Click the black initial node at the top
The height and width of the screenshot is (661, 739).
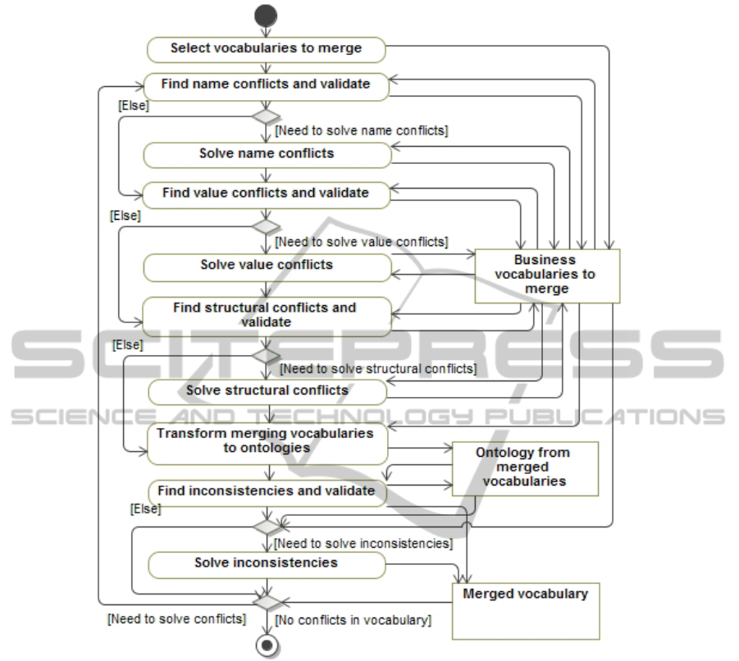[266, 16]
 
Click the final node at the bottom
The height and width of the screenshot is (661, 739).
[266, 645]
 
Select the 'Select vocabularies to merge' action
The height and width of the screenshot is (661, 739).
[266, 48]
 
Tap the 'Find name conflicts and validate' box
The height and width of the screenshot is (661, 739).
[266, 84]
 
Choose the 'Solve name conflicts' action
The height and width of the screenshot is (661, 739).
[267, 153]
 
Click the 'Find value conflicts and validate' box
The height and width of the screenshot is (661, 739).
[266, 194]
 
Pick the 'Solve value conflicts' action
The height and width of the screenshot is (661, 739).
[267, 266]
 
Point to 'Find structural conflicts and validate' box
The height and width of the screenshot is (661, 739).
[266, 315]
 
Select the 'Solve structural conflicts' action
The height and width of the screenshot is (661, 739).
[267, 390]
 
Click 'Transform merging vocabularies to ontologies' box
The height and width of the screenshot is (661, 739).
[267, 440]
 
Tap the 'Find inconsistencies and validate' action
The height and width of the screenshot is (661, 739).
[266, 491]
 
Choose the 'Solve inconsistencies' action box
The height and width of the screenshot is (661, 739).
[267, 563]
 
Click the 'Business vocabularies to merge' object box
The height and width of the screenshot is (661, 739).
[547, 276]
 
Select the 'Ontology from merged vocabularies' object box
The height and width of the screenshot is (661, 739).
[525, 467]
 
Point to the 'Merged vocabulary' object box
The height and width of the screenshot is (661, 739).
[526, 609]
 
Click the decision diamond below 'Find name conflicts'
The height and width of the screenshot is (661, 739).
[266, 117]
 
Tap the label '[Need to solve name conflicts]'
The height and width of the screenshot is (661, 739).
[361, 130]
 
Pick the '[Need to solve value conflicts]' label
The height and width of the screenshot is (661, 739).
[361, 242]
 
